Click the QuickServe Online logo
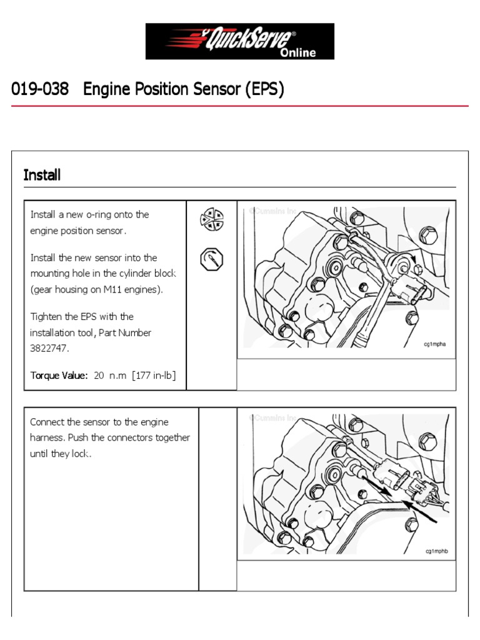239,41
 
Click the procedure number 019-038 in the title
40,90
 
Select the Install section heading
42,175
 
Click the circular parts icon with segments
211,219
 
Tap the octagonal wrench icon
211,259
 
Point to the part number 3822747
49,349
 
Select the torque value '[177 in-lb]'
154,376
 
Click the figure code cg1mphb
437,551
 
